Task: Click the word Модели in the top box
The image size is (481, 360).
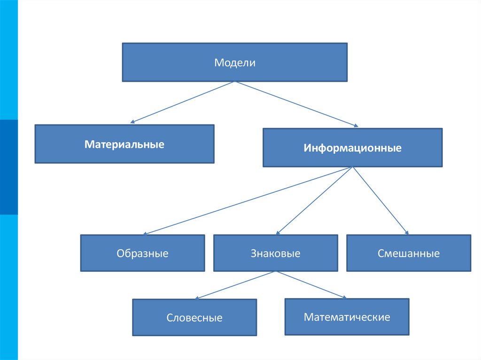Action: (x=235, y=63)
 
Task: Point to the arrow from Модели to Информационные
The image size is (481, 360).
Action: (x=296, y=104)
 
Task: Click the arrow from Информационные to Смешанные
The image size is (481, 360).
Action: (x=380, y=200)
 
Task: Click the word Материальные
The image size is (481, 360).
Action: (x=124, y=144)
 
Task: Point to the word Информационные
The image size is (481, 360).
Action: (x=352, y=148)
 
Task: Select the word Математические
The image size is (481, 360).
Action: (x=347, y=317)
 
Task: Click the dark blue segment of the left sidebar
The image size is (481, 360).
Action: (x=9, y=167)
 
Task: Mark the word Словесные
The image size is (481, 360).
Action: (x=194, y=318)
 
